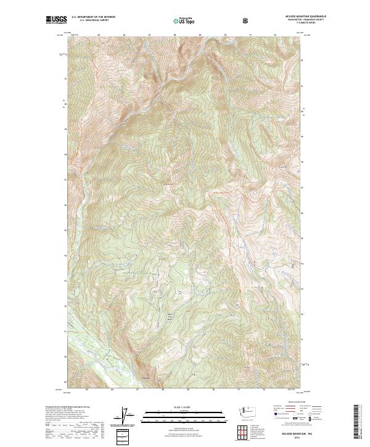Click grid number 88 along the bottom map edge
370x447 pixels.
163,390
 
